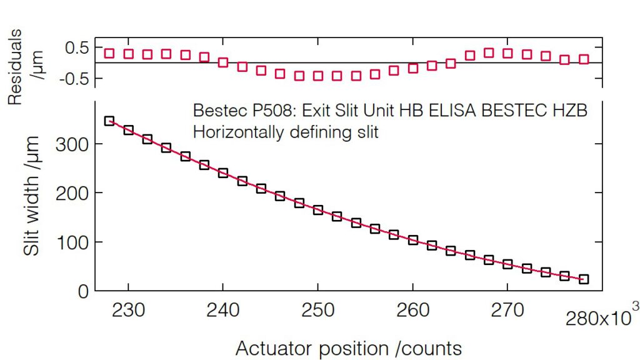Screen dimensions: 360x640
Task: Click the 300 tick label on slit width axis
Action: pyautogui.click(x=71, y=144)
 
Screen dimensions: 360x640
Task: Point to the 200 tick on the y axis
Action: pyautogui.click(x=71, y=193)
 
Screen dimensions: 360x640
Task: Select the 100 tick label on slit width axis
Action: pyautogui.click(x=71, y=242)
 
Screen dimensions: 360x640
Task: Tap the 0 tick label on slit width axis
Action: pyautogui.click(x=83, y=291)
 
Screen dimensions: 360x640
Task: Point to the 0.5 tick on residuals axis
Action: pyautogui.click(x=77, y=47)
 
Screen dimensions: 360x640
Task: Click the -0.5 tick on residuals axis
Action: pyautogui.click(x=75, y=79)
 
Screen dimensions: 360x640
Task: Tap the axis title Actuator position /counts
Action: pyautogui.click(x=349, y=348)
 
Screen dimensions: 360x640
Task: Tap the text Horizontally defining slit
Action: pyautogui.click(x=286, y=132)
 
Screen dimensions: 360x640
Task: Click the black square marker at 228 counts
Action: pyautogui.click(x=109, y=121)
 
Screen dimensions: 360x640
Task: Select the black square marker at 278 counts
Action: pyautogui.click(x=584, y=279)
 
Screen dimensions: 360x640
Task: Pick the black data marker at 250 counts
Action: pyautogui.click(x=318, y=210)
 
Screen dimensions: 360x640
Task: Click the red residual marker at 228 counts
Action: pyautogui.click(x=109, y=53)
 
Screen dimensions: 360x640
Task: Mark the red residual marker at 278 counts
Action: pyautogui.click(x=584, y=59)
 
